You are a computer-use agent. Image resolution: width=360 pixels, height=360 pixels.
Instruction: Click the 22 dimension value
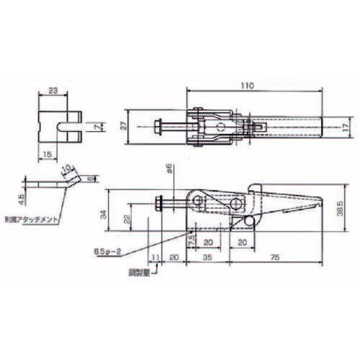128,219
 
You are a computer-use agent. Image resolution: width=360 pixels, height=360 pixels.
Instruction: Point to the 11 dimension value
153,254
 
